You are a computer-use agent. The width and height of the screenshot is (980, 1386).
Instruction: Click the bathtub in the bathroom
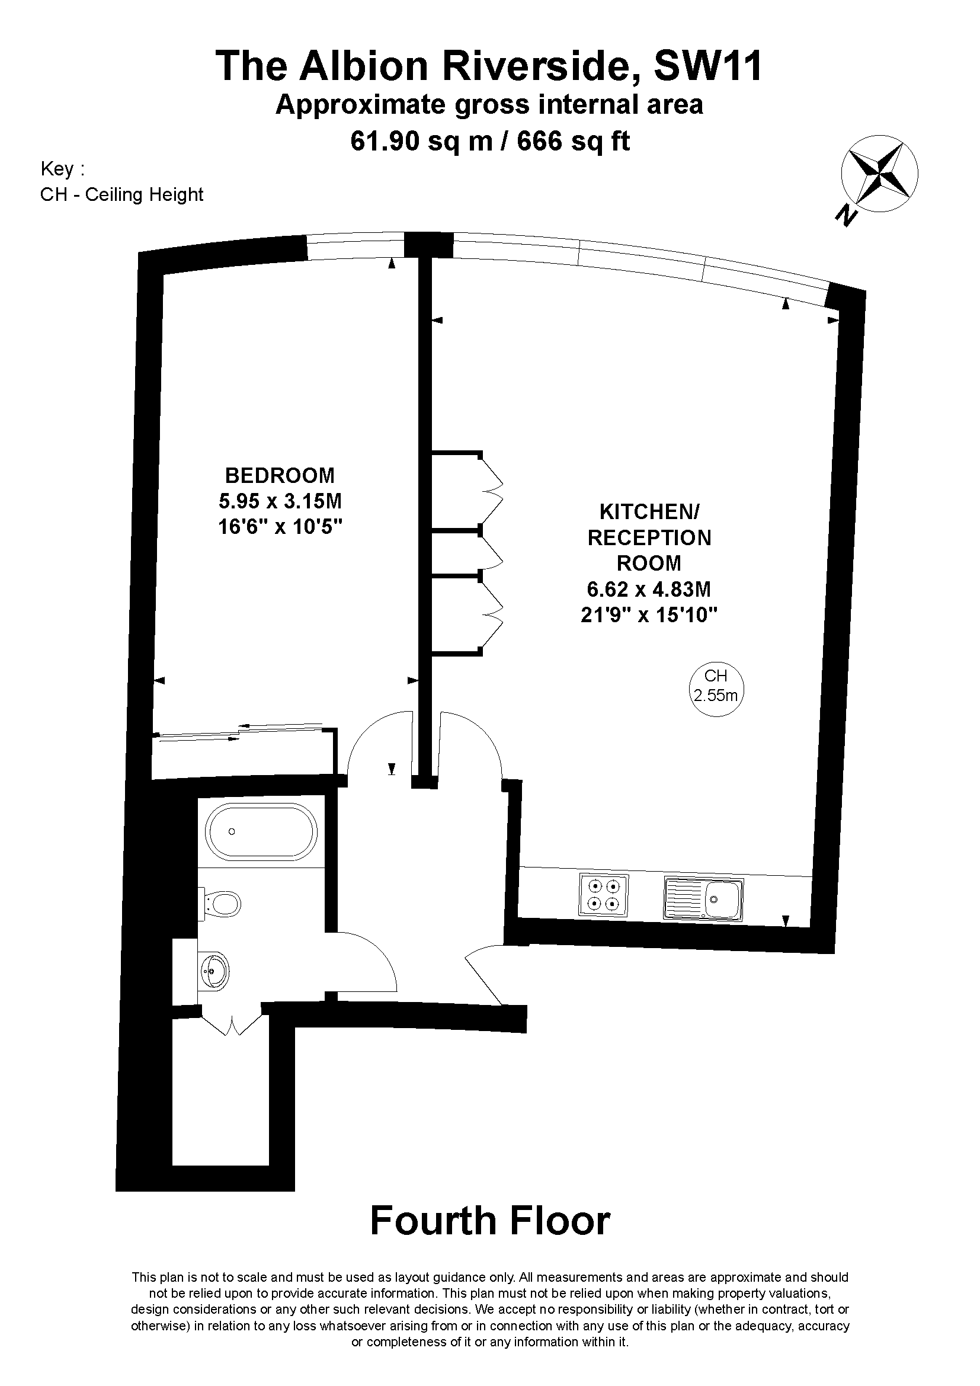coord(261,832)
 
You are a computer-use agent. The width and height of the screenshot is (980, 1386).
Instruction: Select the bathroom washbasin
coord(214,971)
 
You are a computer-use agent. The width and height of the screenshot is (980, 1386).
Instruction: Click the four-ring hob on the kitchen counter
coord(603,895)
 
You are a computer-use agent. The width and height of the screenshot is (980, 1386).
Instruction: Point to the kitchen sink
coord(704,899)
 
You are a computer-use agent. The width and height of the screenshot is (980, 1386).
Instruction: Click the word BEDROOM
coord(280,476)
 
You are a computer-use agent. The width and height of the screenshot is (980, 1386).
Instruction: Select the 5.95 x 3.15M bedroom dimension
coord(280,501)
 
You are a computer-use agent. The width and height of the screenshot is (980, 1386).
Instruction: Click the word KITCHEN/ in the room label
coord(649,512)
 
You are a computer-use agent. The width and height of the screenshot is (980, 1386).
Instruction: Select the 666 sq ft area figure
coord(574,141)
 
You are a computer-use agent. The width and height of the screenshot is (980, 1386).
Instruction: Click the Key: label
coord(62,168)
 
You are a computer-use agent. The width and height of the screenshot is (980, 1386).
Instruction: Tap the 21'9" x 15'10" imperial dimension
coord(649,614)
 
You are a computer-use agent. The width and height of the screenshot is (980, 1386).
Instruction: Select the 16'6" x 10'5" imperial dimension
coord(280,527)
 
